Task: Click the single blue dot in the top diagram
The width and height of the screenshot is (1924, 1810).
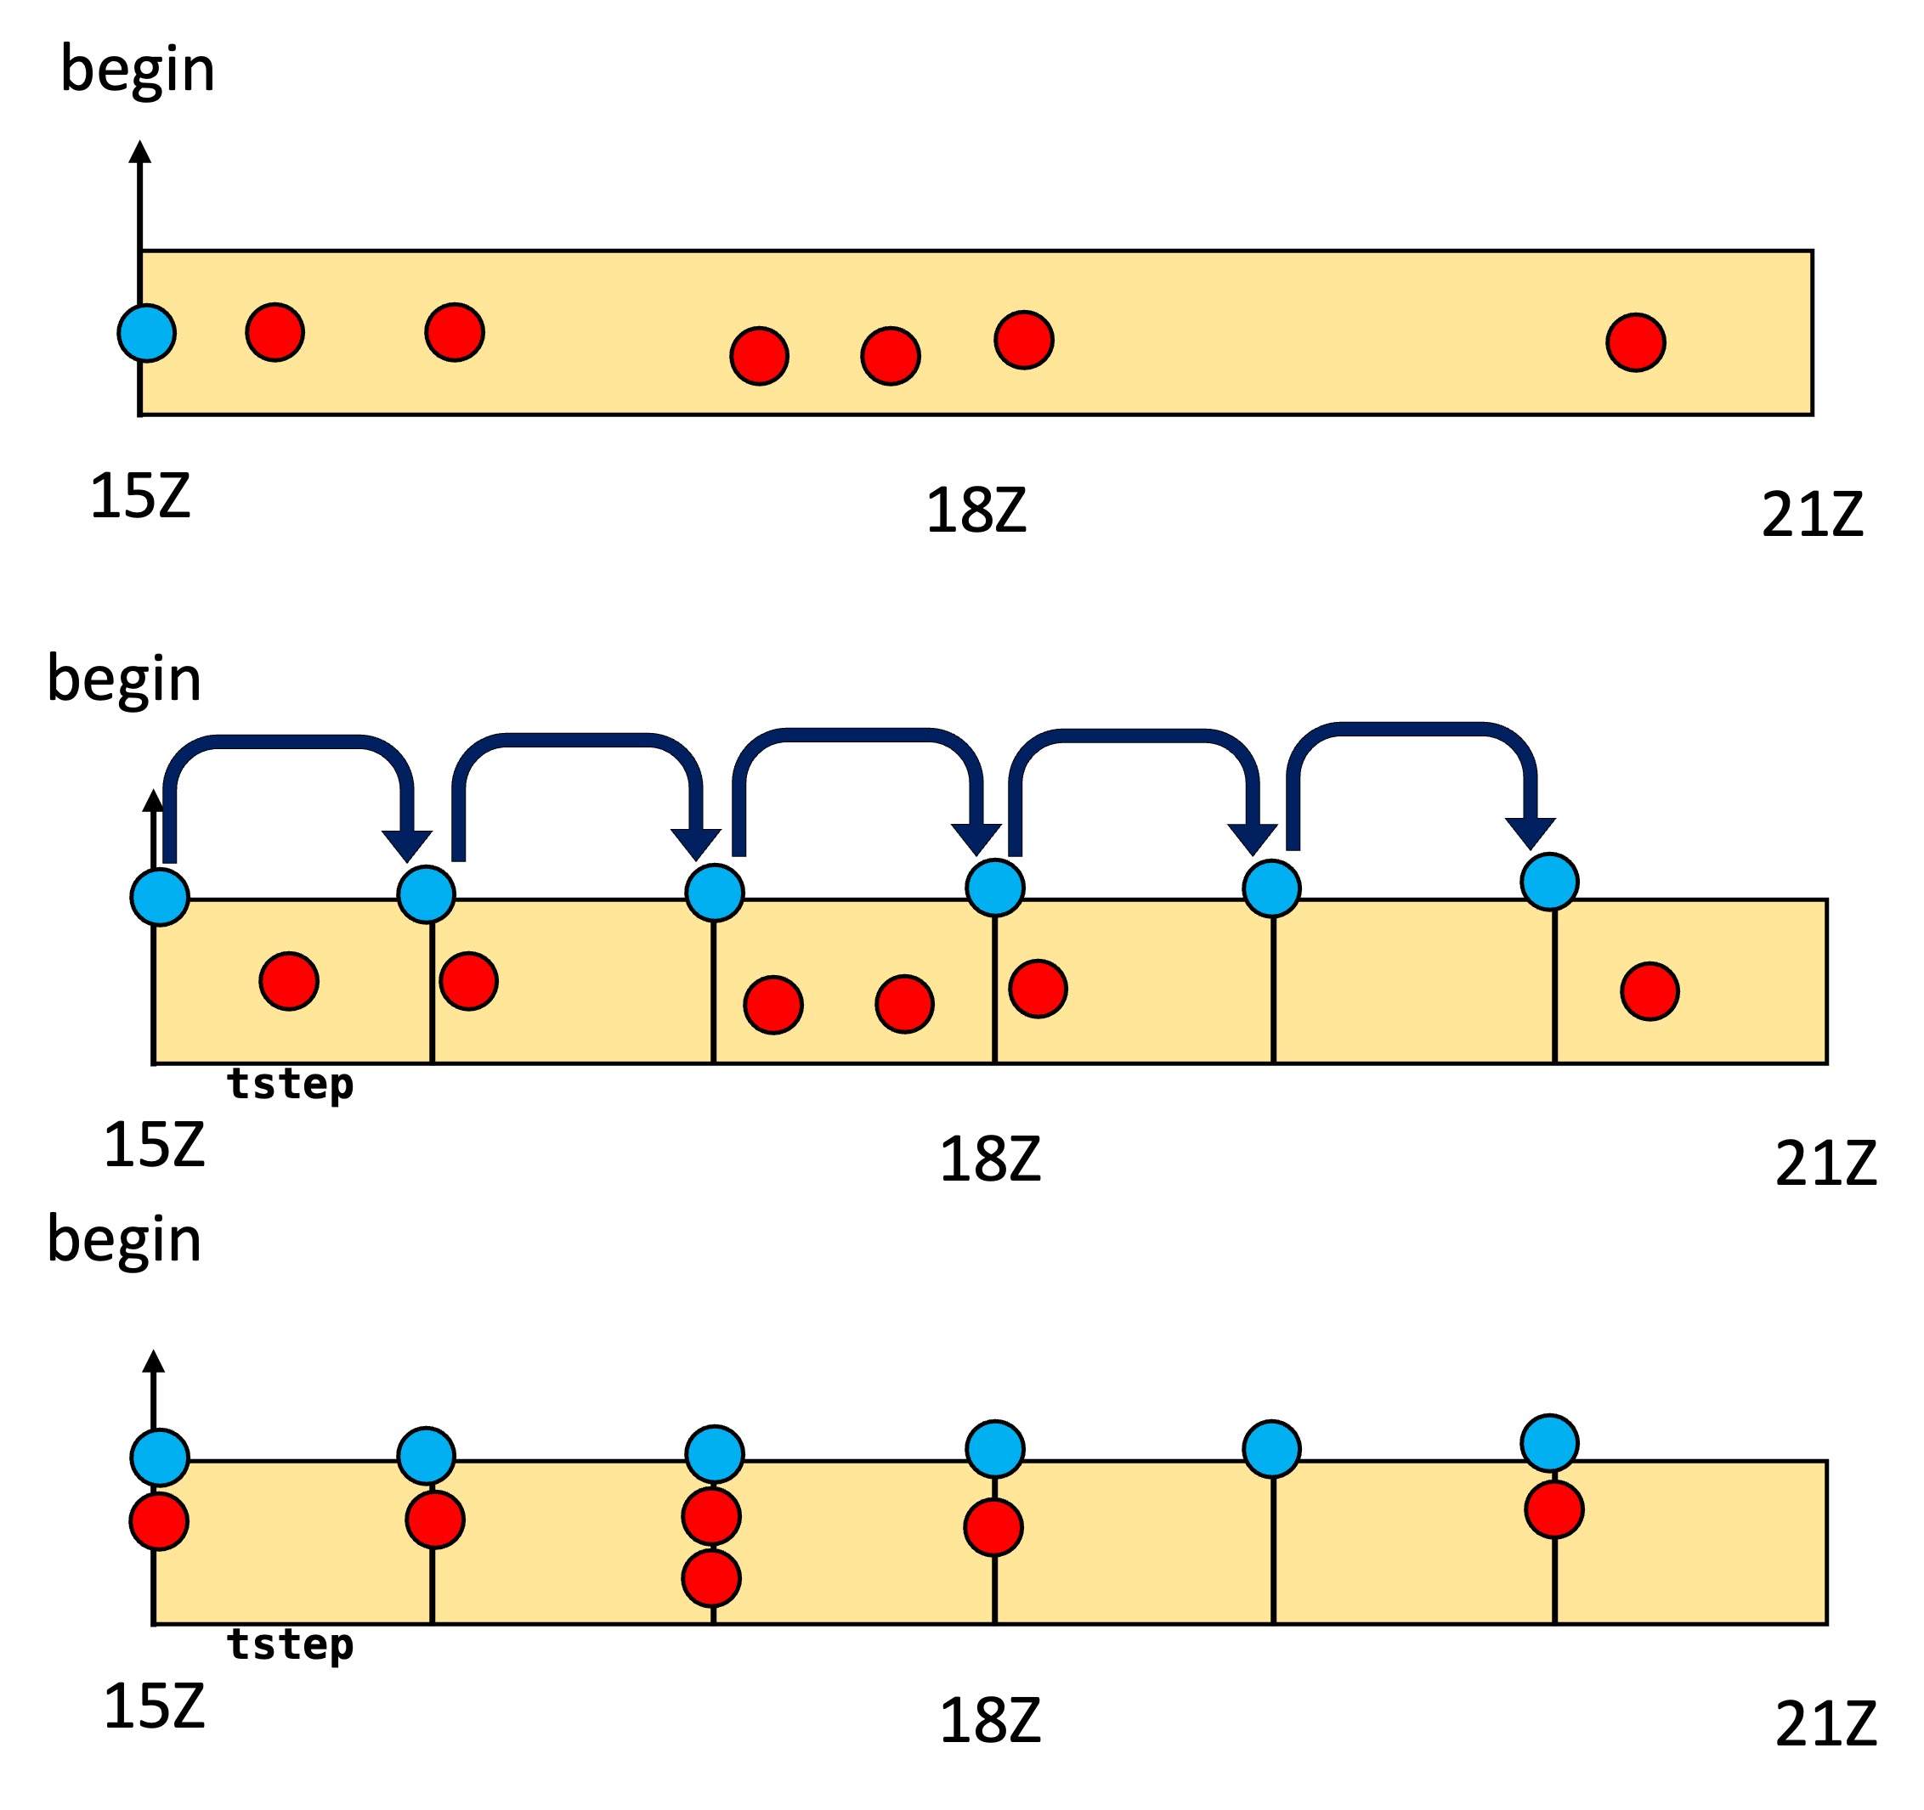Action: (147, 333)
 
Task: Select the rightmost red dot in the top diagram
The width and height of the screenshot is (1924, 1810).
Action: (1636, 342)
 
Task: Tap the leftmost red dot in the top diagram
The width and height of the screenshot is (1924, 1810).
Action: (274, 333)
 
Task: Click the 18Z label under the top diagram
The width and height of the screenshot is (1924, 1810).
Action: (976, 510)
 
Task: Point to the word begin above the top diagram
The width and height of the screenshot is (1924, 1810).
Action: (138, 70)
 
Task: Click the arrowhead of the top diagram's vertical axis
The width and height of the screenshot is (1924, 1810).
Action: (140, 153)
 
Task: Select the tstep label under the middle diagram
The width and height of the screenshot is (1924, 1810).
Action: (291, 1085)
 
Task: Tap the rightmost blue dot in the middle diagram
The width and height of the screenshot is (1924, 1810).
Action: (1549, 882)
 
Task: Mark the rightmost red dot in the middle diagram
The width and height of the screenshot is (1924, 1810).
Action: (1650, 991)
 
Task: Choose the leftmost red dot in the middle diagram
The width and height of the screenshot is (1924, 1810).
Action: (288, 981)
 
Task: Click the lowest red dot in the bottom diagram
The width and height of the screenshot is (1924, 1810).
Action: (711, 1579)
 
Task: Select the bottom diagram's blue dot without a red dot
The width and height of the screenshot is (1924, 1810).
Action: (1270, 1449)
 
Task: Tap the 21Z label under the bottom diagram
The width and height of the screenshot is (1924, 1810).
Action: (1825, 1724)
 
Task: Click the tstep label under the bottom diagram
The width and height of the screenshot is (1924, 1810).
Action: (291, 1644)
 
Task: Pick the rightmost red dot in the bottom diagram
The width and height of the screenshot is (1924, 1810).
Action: (1553, 1509)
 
